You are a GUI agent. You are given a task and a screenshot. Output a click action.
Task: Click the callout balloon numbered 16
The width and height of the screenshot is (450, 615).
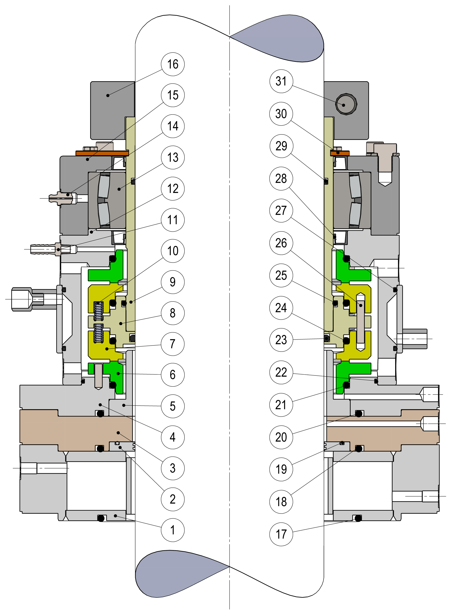[173, 64]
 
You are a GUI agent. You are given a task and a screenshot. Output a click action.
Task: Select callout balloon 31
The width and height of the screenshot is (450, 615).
[281, 81]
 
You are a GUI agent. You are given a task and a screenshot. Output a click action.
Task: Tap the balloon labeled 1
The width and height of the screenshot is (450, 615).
[173, 530]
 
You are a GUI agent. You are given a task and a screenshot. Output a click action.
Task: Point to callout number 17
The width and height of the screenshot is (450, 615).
[281, 534]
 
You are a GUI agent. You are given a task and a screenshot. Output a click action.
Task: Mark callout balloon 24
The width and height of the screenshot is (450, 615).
[281, 308]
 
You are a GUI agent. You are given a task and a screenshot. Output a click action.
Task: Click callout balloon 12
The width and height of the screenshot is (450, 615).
[173, 189]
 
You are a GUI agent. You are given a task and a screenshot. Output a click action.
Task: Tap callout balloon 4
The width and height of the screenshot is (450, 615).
[173, 437]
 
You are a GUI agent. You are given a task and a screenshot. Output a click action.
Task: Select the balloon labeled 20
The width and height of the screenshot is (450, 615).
[281, 437]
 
